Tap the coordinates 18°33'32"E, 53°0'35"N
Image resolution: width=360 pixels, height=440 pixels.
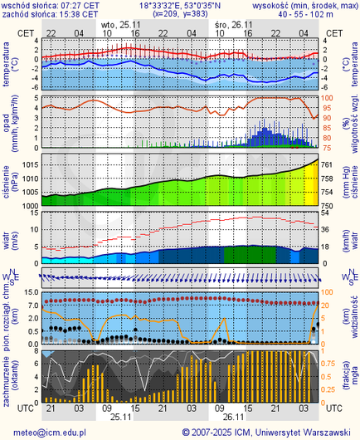click(178, 5)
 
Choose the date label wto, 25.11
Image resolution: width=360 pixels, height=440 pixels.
click(114, 25)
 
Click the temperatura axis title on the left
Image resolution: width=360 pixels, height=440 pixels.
click(7, 63)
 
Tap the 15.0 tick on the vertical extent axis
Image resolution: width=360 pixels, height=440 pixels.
click(29, 292)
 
